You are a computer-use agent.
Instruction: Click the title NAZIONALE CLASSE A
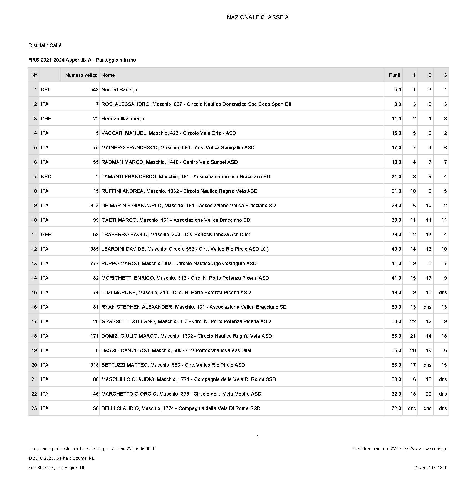coord(258,17)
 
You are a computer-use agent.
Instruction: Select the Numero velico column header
coord(81,75)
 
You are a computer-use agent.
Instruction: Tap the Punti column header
coord(394,75)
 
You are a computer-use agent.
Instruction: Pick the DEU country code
coord(46,90)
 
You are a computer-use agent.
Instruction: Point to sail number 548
coord(95,90)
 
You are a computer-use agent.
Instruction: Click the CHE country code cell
coord(46,119)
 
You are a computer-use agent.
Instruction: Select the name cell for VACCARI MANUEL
coord(169,133)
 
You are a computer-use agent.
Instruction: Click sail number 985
coord(95,249)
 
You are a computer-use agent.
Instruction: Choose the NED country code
coord(46,177)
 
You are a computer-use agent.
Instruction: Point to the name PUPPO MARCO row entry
coord(179,264)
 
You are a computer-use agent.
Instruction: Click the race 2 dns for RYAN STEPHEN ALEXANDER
coord(427,307)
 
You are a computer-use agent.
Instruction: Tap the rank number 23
coord(34,408)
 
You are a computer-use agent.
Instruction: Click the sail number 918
coord(95,365)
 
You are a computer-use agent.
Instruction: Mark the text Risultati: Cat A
coord(45,45)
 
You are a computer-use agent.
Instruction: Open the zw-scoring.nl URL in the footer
coord(424,449)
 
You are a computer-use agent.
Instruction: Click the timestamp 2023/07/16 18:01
coord(431,468)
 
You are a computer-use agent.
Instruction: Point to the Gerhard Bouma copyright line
coord(61,458)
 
